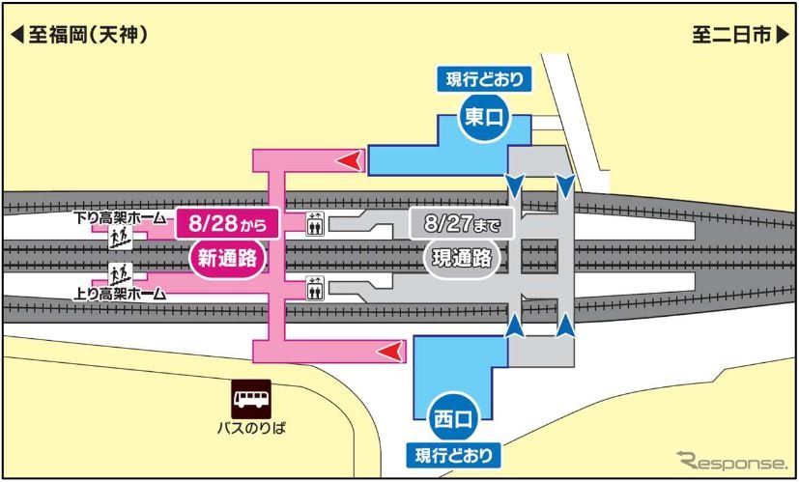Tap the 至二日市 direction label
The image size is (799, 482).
pyautogui.click(x=740, y=36)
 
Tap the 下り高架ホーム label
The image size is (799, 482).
pyautogui.click(x=121, y=218)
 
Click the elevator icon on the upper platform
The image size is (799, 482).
pyautogui.click(x=315, y=225)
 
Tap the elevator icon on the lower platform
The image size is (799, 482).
pyautogui.click(x=315, y=287)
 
